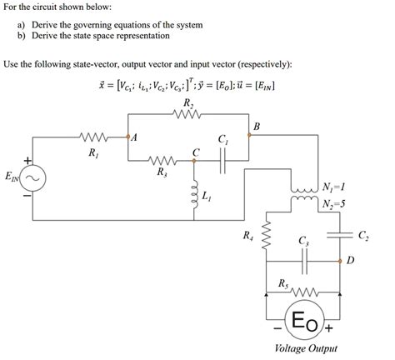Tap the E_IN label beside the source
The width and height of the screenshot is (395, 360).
[11, 177]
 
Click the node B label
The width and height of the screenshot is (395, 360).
[256, 126]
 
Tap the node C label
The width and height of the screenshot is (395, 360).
[196, 151]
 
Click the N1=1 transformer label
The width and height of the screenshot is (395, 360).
[337, 185]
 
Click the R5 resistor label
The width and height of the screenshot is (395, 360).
[286, 284]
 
